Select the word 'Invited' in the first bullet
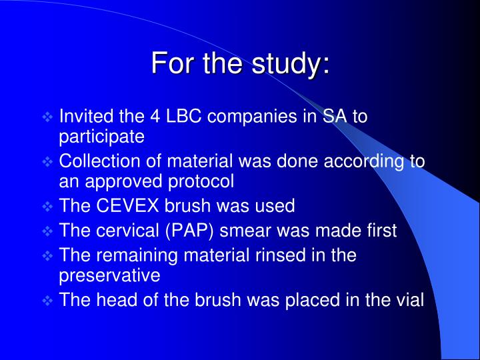pos(83,117)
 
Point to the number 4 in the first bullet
pos(156,117)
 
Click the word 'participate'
pos(102,137)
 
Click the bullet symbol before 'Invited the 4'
pos(47,117)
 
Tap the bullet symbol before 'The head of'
pos(47,301)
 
